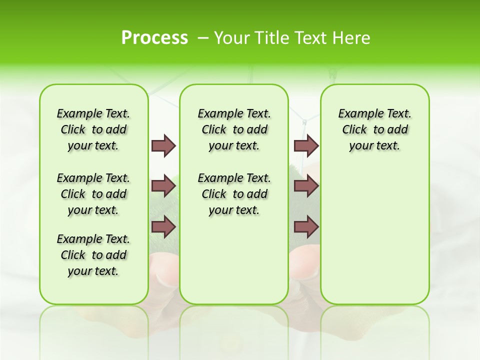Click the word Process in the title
(154, 38)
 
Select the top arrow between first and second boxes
(163, 145)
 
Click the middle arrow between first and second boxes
(163, 186)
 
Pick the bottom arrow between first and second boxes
(163, 227)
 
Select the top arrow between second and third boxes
(306, 145)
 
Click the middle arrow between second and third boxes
(306, 186)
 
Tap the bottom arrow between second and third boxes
(306, 227)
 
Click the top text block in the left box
(93, 129)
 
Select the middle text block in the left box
(93, 194)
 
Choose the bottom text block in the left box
(93, 255)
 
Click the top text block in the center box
(234, 129)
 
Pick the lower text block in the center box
(234, 194)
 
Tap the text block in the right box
(374, 129)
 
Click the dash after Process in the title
(203, 38)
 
